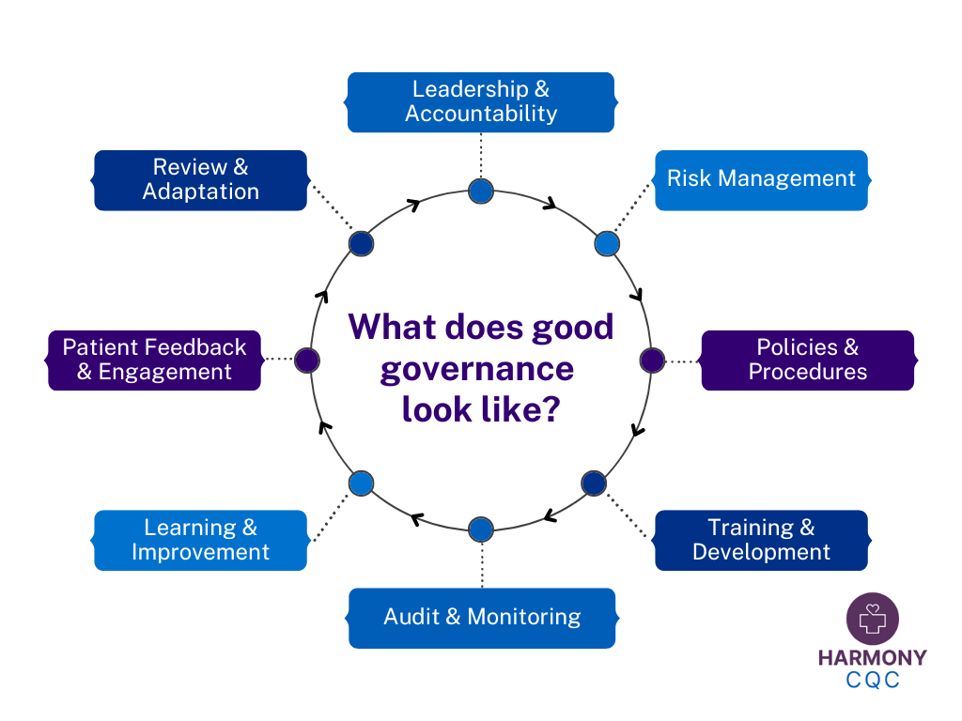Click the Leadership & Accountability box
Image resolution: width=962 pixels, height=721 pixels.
pyautogui.click(x=481, y=102)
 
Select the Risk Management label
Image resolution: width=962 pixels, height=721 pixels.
pyautogui.click(x=761, y=179)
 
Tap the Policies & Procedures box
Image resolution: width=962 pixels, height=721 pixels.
pyautogui.click(x=808, y=360)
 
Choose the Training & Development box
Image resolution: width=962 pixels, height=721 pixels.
pyautogui.click(x=761, y=540)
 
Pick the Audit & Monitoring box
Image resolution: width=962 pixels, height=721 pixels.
pyautogui.click(x=482, y=618)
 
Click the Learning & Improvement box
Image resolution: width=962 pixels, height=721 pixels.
pyautogui.click(x=201, y=540)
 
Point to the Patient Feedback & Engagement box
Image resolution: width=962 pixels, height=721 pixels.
pyautogui.click(x=154, y=360)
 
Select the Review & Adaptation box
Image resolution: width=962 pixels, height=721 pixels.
pyautogui.click(x=201, y=179)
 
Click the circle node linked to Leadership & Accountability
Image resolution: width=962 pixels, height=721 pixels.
pyautogui.click(x=481, y=192)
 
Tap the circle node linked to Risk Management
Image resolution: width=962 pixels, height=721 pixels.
pyautogui.click(x=607, y=244)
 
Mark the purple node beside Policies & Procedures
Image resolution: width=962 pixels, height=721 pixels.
pyautogui.click(x=652, y=360)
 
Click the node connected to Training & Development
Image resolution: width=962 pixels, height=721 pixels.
pyautogui.click(x=594, y=483)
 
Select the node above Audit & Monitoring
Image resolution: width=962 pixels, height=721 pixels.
pyautogui.click(x=481, y=529)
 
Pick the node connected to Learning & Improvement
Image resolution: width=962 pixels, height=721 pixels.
pyautogui.click(x=362, y=483)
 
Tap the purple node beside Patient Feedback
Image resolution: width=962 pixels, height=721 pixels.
pyautogui.click(x=307, y=360)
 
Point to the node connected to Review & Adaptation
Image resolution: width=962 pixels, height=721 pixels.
pyautogui.click(x=362, y=244)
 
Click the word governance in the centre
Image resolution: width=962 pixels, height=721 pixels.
pyautogui.click(x=476, y=369)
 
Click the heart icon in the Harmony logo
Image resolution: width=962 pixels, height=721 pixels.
pyautogui.click(x=873, y=616)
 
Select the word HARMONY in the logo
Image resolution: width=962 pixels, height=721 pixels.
pyautogui.click(x=872, y=658)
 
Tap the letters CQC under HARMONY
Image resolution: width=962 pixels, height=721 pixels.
pyautogui.click(x=872, y=680)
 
